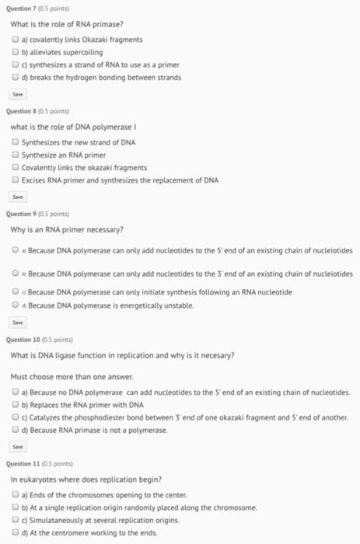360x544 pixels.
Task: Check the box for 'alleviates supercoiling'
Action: (x=16, y=52)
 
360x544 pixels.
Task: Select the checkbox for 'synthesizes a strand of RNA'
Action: (x=16, y=65)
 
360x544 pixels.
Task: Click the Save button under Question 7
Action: (x=17, y=93)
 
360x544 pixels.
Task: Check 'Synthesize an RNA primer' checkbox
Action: (x=16, y=155)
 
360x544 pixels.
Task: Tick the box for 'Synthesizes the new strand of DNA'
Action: (x=16, y=142)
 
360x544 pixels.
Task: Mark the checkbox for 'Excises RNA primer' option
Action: (x=16, y=180)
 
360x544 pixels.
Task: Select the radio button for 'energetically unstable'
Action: (x=16, y=305)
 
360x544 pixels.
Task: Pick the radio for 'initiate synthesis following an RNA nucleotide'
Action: (x=16, y=292)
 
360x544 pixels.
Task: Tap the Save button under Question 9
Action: (x=17, y=322)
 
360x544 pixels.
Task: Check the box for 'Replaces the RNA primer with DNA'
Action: (x=16, y=405)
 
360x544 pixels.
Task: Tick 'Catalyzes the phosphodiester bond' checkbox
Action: (x=16, y=417)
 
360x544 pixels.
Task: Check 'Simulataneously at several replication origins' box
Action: (x=16, y=519)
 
